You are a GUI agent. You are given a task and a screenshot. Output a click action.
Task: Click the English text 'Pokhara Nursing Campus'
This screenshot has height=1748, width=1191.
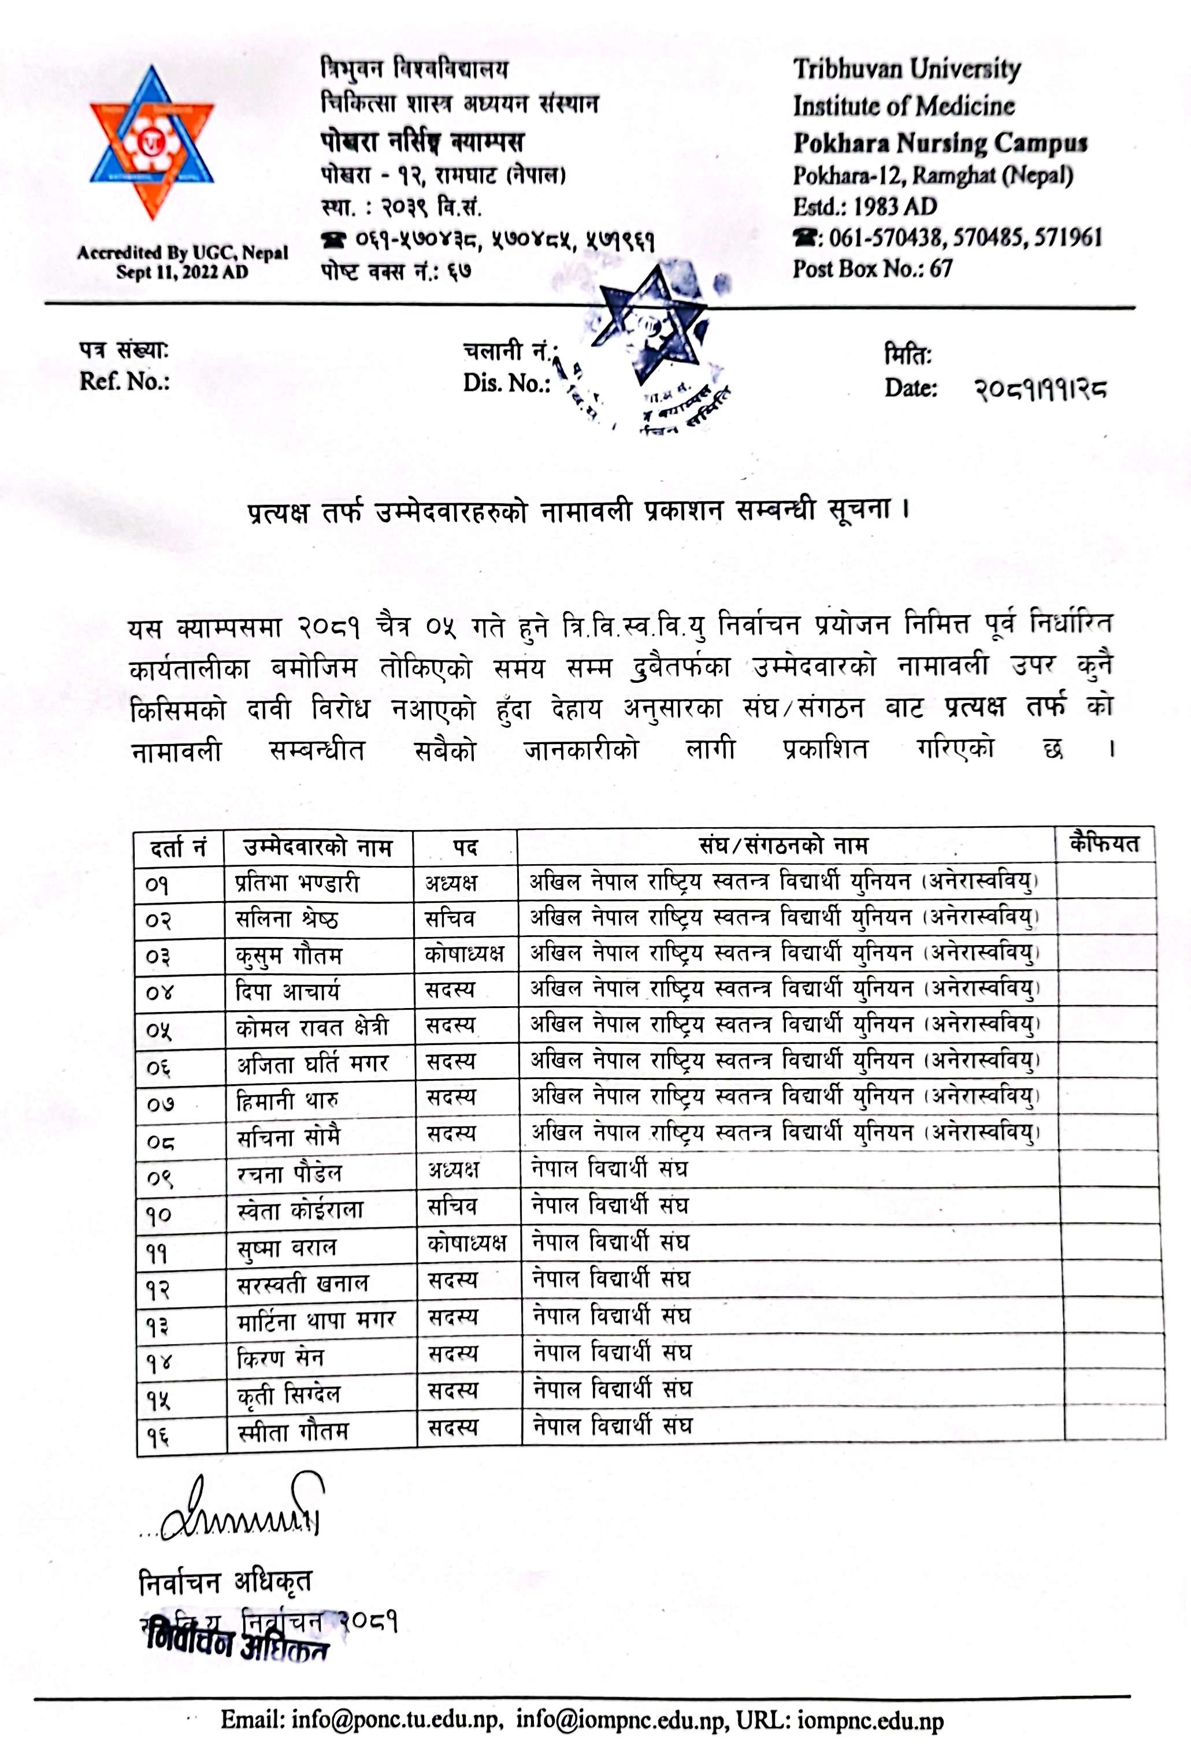click(940, 142)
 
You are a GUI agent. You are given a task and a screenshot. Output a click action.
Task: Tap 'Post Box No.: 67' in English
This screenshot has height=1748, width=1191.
click(873, 269)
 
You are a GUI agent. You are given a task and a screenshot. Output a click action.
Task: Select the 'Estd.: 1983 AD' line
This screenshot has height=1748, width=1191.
click(865, 206)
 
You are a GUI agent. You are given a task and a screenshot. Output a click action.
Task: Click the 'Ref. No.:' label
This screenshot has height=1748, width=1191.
click(124, 381)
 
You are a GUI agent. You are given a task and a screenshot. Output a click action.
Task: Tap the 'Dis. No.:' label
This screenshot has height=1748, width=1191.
click(506, 383)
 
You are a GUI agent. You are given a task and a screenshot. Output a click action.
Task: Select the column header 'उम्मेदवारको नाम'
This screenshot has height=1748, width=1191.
click(318, 847)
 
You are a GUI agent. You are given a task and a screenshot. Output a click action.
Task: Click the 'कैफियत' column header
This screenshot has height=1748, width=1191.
click(1104, 844)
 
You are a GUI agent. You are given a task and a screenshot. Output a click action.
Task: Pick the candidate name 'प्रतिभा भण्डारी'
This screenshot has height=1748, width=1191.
click(297, 882)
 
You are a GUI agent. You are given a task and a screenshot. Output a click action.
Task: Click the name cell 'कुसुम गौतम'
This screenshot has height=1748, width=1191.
click(289, 955)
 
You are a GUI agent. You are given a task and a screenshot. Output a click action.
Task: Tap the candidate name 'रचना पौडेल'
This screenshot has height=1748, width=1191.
click(290, 1173)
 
